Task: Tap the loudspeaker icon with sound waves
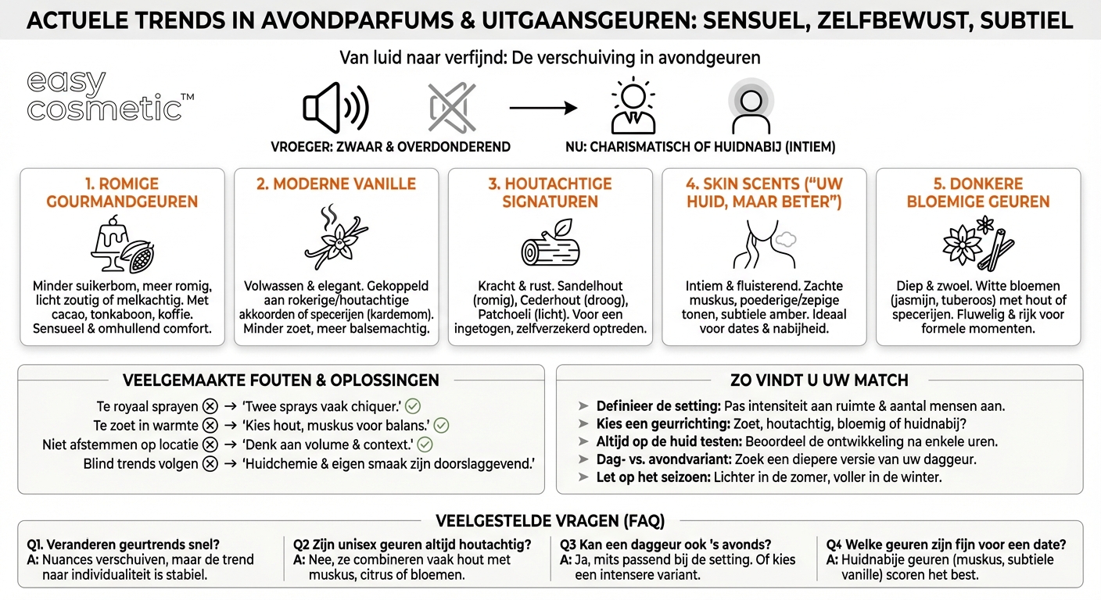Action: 335,107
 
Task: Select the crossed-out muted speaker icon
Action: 451,107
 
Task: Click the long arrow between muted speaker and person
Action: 543,107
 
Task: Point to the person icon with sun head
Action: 633,107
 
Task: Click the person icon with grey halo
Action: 750,107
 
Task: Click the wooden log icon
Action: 550,244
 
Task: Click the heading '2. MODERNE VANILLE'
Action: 336,184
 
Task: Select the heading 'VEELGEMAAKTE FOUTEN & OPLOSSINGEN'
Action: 281,380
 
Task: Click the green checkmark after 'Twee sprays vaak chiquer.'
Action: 413,406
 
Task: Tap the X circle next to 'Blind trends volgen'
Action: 210,464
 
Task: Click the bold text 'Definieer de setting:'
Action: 658,406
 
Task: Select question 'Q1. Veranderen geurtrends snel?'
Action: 124,545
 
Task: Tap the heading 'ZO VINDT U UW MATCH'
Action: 819,380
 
